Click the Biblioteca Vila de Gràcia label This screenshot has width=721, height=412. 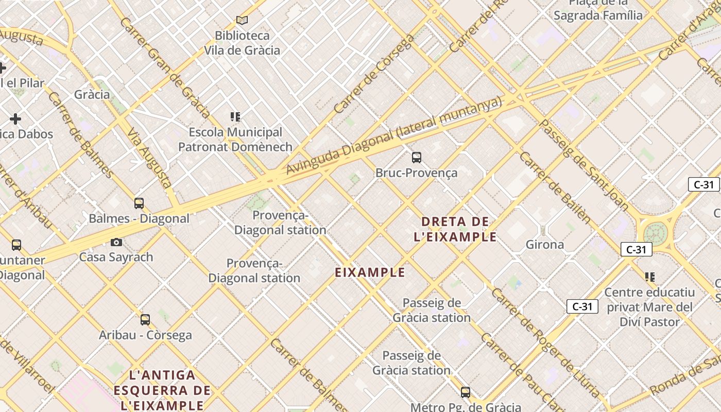pos(242,43)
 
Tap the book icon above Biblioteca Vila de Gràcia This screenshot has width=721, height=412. pos(242,20)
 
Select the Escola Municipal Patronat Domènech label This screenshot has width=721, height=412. pos(235,140)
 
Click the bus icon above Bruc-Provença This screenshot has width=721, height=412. pos(417,158)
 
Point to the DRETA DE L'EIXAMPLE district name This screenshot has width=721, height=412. pos(455,229)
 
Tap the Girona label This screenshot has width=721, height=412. pos(544,245)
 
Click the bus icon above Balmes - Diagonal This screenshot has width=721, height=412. pos(139,203)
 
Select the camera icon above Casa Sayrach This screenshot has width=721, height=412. pos(116,242)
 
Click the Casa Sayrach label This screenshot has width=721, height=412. pos(116,257)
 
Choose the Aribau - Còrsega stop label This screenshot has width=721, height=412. pos(145,335)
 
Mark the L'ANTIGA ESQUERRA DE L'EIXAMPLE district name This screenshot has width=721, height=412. pos(162,390)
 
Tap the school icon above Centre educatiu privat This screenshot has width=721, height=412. pos(650,277)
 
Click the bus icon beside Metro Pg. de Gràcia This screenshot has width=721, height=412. pos(466,392)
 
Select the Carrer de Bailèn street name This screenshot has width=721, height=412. pos(555,187)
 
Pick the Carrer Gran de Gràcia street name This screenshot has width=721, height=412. pos(164,67)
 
